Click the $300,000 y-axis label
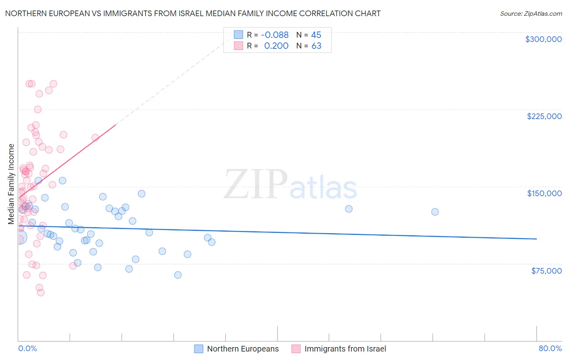(x=543, y=39)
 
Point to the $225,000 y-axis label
(x=544, y=116)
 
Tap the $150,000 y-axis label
(x=544, y=193)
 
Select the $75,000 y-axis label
(x=546, y=271)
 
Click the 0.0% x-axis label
(x=27, y=348)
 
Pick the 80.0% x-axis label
(x=550, y=348)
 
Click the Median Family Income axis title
(x=11, y=184)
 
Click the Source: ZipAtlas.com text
(x=531, y=13)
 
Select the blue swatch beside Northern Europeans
(x=198, y=349)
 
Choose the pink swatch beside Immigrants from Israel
(x=296, y=349)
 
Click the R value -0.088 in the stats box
(x=275, y=35)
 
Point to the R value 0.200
(x=276, y=46)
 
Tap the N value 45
(x=316, y=35)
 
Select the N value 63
(x=316, y=46)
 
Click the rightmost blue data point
(x=435, y=212)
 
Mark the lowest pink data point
(x=41, y=293)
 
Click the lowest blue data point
(x=178, y=275)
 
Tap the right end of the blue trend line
(x=536, y=239)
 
